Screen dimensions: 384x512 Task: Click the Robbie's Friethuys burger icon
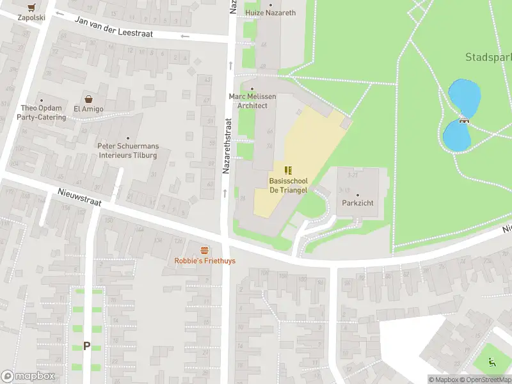[205, 250]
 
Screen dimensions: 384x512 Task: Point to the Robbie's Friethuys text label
[205, 261]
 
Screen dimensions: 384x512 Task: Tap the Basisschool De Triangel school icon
[288, 170]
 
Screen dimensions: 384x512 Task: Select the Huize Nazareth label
[270, 13]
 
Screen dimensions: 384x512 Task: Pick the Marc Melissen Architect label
[252, 100]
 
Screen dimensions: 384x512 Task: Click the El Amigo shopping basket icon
[88, 99]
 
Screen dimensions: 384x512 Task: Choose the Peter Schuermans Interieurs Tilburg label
[128, 150]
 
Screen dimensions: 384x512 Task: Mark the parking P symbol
[86, 346]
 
